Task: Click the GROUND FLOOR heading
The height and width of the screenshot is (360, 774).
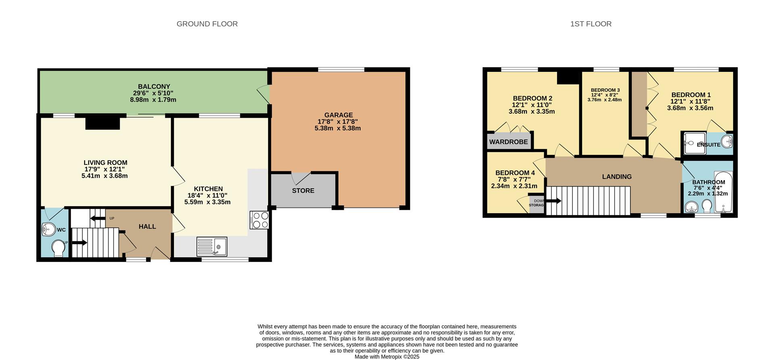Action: (x=207, y=24)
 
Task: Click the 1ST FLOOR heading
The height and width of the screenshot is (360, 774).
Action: (x=591, y=24)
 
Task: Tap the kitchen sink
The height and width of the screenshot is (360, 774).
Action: (x=212, y=246)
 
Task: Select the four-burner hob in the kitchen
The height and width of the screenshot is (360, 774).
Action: (x=259, y=220)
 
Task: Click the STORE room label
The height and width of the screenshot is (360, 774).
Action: (x=303, y=191)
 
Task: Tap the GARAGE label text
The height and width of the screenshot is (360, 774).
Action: (x=338, y=115)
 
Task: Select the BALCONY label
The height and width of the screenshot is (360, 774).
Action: (x=154, y=87)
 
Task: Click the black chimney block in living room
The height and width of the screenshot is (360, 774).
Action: (x=102, y=123)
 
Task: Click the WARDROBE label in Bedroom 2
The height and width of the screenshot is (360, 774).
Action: (x=508, y=142)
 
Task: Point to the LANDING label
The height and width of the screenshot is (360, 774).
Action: (x=617, y=177)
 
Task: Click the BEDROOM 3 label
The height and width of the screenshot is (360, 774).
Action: (x=605, y=90)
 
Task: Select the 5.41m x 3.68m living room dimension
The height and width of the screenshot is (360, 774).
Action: (x=104, y=176)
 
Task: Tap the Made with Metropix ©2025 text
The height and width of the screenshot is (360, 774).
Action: (x=387, y=357)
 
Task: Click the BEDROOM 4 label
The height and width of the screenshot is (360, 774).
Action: (x=515, y=173)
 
